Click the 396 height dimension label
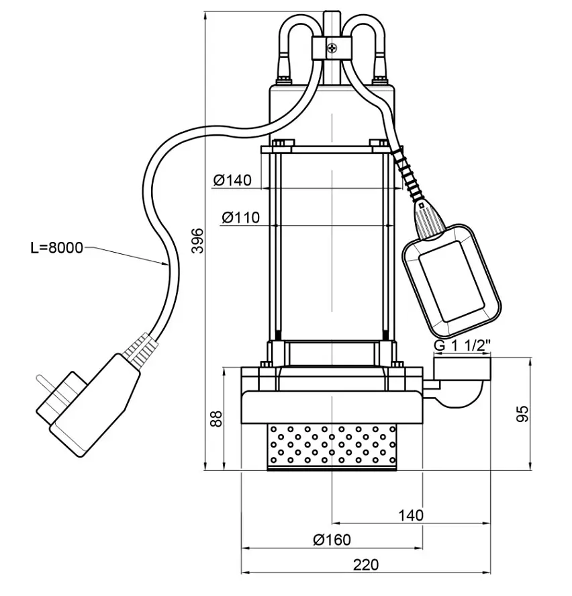point(197,241)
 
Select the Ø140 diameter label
point(232,180)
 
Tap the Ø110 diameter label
point(241,218)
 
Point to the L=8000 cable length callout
point(56,248)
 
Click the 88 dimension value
point(216,419)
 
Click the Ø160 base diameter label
point(332,540)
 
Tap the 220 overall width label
point(366,564)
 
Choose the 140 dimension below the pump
point(411,515)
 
